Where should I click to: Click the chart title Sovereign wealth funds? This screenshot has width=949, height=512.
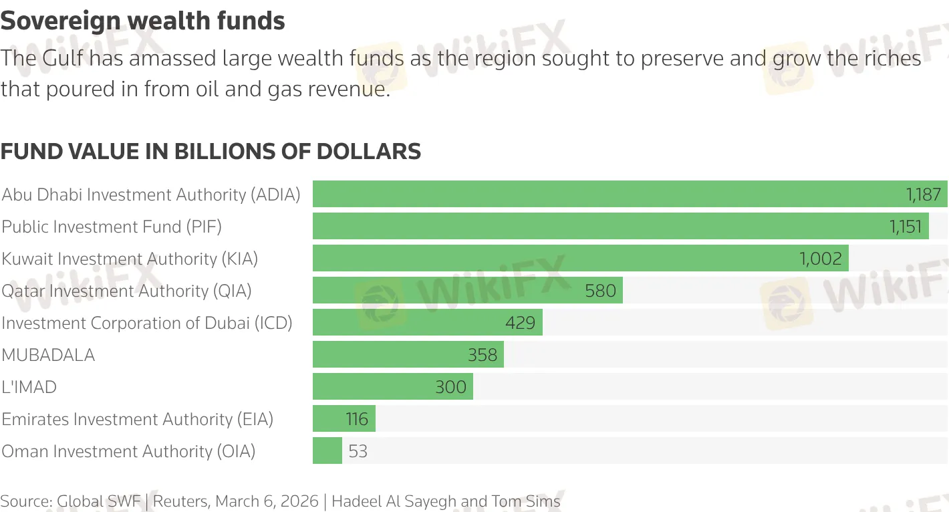143,21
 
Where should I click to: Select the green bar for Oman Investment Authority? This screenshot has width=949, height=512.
327,451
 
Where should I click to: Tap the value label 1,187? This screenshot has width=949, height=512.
924,195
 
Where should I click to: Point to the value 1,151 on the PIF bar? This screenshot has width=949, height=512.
906,227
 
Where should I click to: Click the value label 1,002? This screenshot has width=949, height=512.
821,259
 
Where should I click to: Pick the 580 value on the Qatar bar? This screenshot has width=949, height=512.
600,291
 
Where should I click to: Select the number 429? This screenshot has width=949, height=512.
520,323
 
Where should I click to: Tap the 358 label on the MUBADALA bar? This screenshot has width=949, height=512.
482,355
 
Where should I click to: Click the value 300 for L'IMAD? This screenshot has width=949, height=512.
450,387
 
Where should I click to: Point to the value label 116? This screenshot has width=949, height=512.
357,419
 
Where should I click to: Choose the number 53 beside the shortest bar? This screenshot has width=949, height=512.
358,451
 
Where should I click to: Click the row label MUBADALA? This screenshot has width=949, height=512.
48,355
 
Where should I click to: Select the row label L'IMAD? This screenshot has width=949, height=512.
29,387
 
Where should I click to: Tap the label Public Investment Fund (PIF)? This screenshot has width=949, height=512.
112,227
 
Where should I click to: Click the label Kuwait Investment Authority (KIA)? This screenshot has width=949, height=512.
130,259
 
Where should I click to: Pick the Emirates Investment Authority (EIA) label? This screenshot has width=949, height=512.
138,419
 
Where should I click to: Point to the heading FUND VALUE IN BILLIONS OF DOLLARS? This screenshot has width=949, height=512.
211,152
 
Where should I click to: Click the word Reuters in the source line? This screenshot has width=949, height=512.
181,501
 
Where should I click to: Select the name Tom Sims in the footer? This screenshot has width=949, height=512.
526,501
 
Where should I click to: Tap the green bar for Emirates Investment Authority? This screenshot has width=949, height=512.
344,418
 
